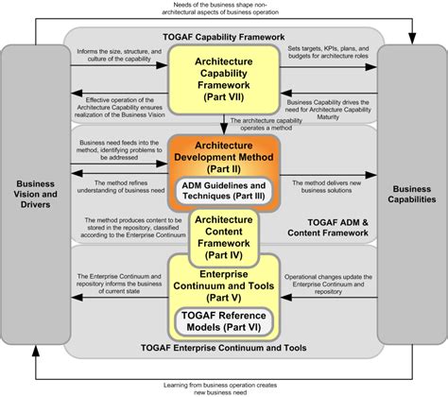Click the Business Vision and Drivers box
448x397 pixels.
tap(34, 194)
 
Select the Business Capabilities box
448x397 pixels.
tap(412, 194)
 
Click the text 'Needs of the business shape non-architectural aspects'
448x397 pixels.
tap(224, 9)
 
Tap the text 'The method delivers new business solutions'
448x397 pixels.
tap(325, 184)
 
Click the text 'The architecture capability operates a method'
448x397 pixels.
tap(273, 124)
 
